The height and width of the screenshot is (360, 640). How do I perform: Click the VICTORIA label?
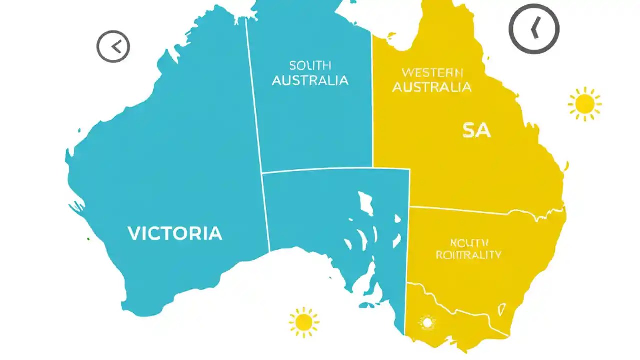[175, 233]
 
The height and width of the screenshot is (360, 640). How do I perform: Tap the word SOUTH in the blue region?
[310, 65]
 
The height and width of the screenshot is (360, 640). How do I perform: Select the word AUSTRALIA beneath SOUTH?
[310, 80]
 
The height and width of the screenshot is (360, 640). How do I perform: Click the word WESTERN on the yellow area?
[432, 73]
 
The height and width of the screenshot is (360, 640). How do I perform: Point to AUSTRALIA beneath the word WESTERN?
[432, 87]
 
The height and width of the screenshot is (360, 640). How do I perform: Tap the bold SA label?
[476, 131]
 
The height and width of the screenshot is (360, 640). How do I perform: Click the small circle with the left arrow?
[113, 47]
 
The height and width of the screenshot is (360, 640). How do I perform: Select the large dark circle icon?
[534, 29]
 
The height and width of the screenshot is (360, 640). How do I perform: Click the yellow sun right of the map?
[584, 104]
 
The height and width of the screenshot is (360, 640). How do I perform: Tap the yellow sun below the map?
[304, 322]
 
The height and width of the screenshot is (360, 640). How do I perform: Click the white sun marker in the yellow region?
[427, 323]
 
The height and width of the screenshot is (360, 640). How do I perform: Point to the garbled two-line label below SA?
[468, 249]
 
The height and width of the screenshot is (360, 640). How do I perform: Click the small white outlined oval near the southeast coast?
[502, 310]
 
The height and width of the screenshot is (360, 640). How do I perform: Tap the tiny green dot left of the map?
[88, 239]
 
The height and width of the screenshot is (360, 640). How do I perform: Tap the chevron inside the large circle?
[534, 28]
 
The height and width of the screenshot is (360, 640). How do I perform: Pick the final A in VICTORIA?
[215, 233]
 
